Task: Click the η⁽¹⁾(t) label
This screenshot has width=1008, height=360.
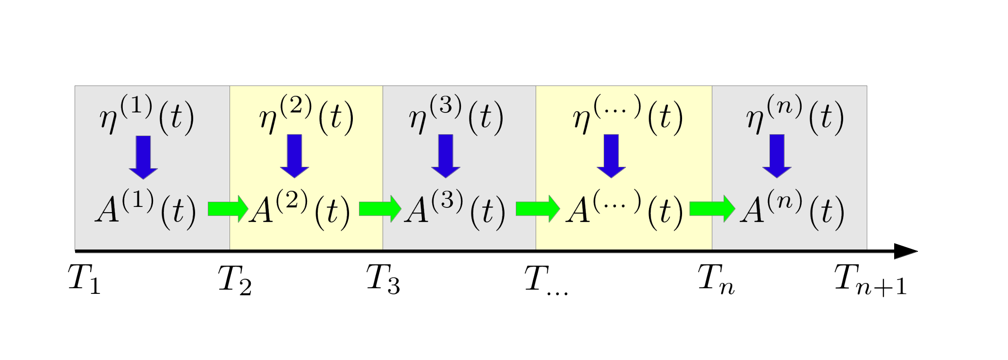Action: (147, 116)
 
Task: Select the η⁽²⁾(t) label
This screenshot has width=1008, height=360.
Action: (307, 116)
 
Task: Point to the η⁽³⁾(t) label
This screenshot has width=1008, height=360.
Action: (456, 116)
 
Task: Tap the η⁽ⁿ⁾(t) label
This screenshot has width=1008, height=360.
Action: (795, 116)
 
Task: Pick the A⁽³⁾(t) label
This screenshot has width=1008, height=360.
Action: (455, 209)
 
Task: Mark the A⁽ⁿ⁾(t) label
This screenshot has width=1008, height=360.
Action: (793, 209)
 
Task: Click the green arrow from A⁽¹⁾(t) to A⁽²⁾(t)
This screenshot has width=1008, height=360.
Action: (228, 208)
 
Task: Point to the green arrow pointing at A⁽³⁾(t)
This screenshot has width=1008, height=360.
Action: (380, 208)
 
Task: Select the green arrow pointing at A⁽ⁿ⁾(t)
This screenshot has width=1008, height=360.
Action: (712, 208)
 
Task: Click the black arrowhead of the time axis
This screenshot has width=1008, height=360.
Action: (905, 251)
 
